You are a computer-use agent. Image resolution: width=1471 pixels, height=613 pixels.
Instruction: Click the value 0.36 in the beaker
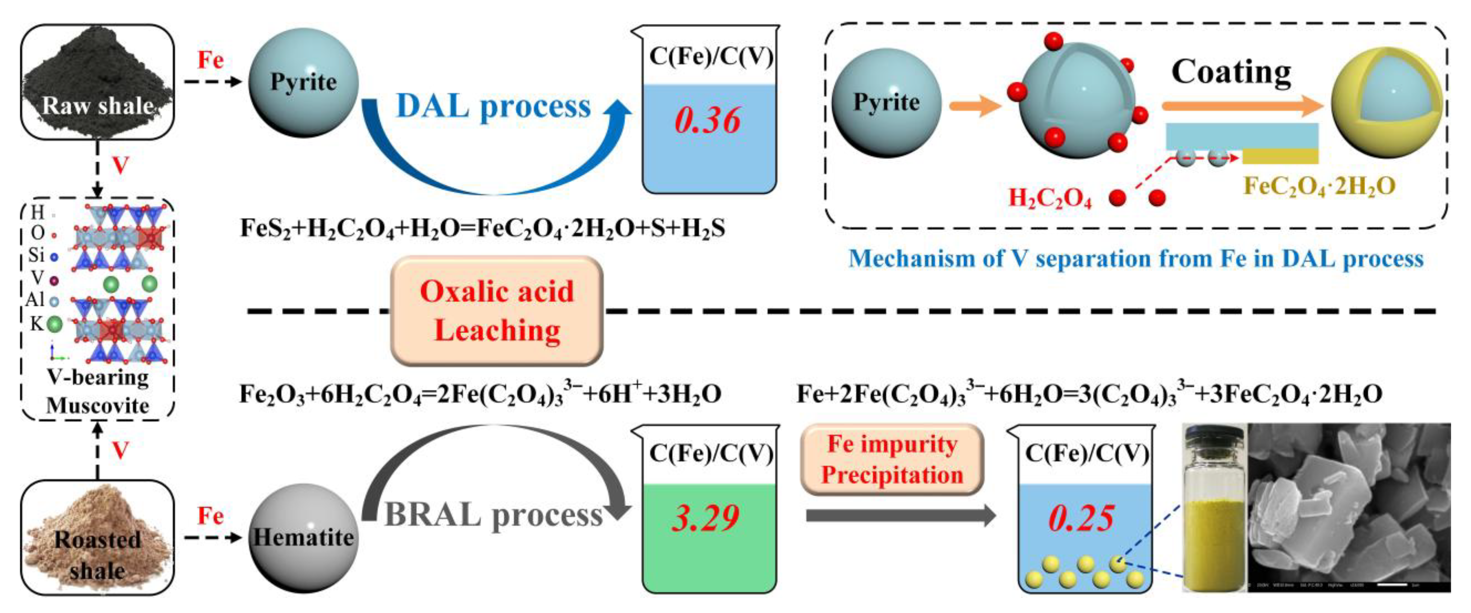(x=708, y=121)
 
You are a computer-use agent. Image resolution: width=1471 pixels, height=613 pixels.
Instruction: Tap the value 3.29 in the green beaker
(x=706, y=518)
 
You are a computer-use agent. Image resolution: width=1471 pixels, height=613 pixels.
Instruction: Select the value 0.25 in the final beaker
(x=1081, y=518)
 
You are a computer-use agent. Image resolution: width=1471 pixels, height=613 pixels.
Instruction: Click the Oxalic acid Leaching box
(x=497, y=311)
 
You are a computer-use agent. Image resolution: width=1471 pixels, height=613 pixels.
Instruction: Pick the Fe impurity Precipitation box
(x=892, y=460)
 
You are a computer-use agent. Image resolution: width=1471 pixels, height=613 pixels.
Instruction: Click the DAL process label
(x=493, y=106)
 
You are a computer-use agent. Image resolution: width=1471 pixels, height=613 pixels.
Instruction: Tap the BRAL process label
(x=493, y=515)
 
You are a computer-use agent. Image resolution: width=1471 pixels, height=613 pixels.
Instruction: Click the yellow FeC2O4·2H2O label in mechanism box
(x=1319, y=186)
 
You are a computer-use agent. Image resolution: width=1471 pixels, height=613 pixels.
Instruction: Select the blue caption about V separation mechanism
(x=1136, y=259)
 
